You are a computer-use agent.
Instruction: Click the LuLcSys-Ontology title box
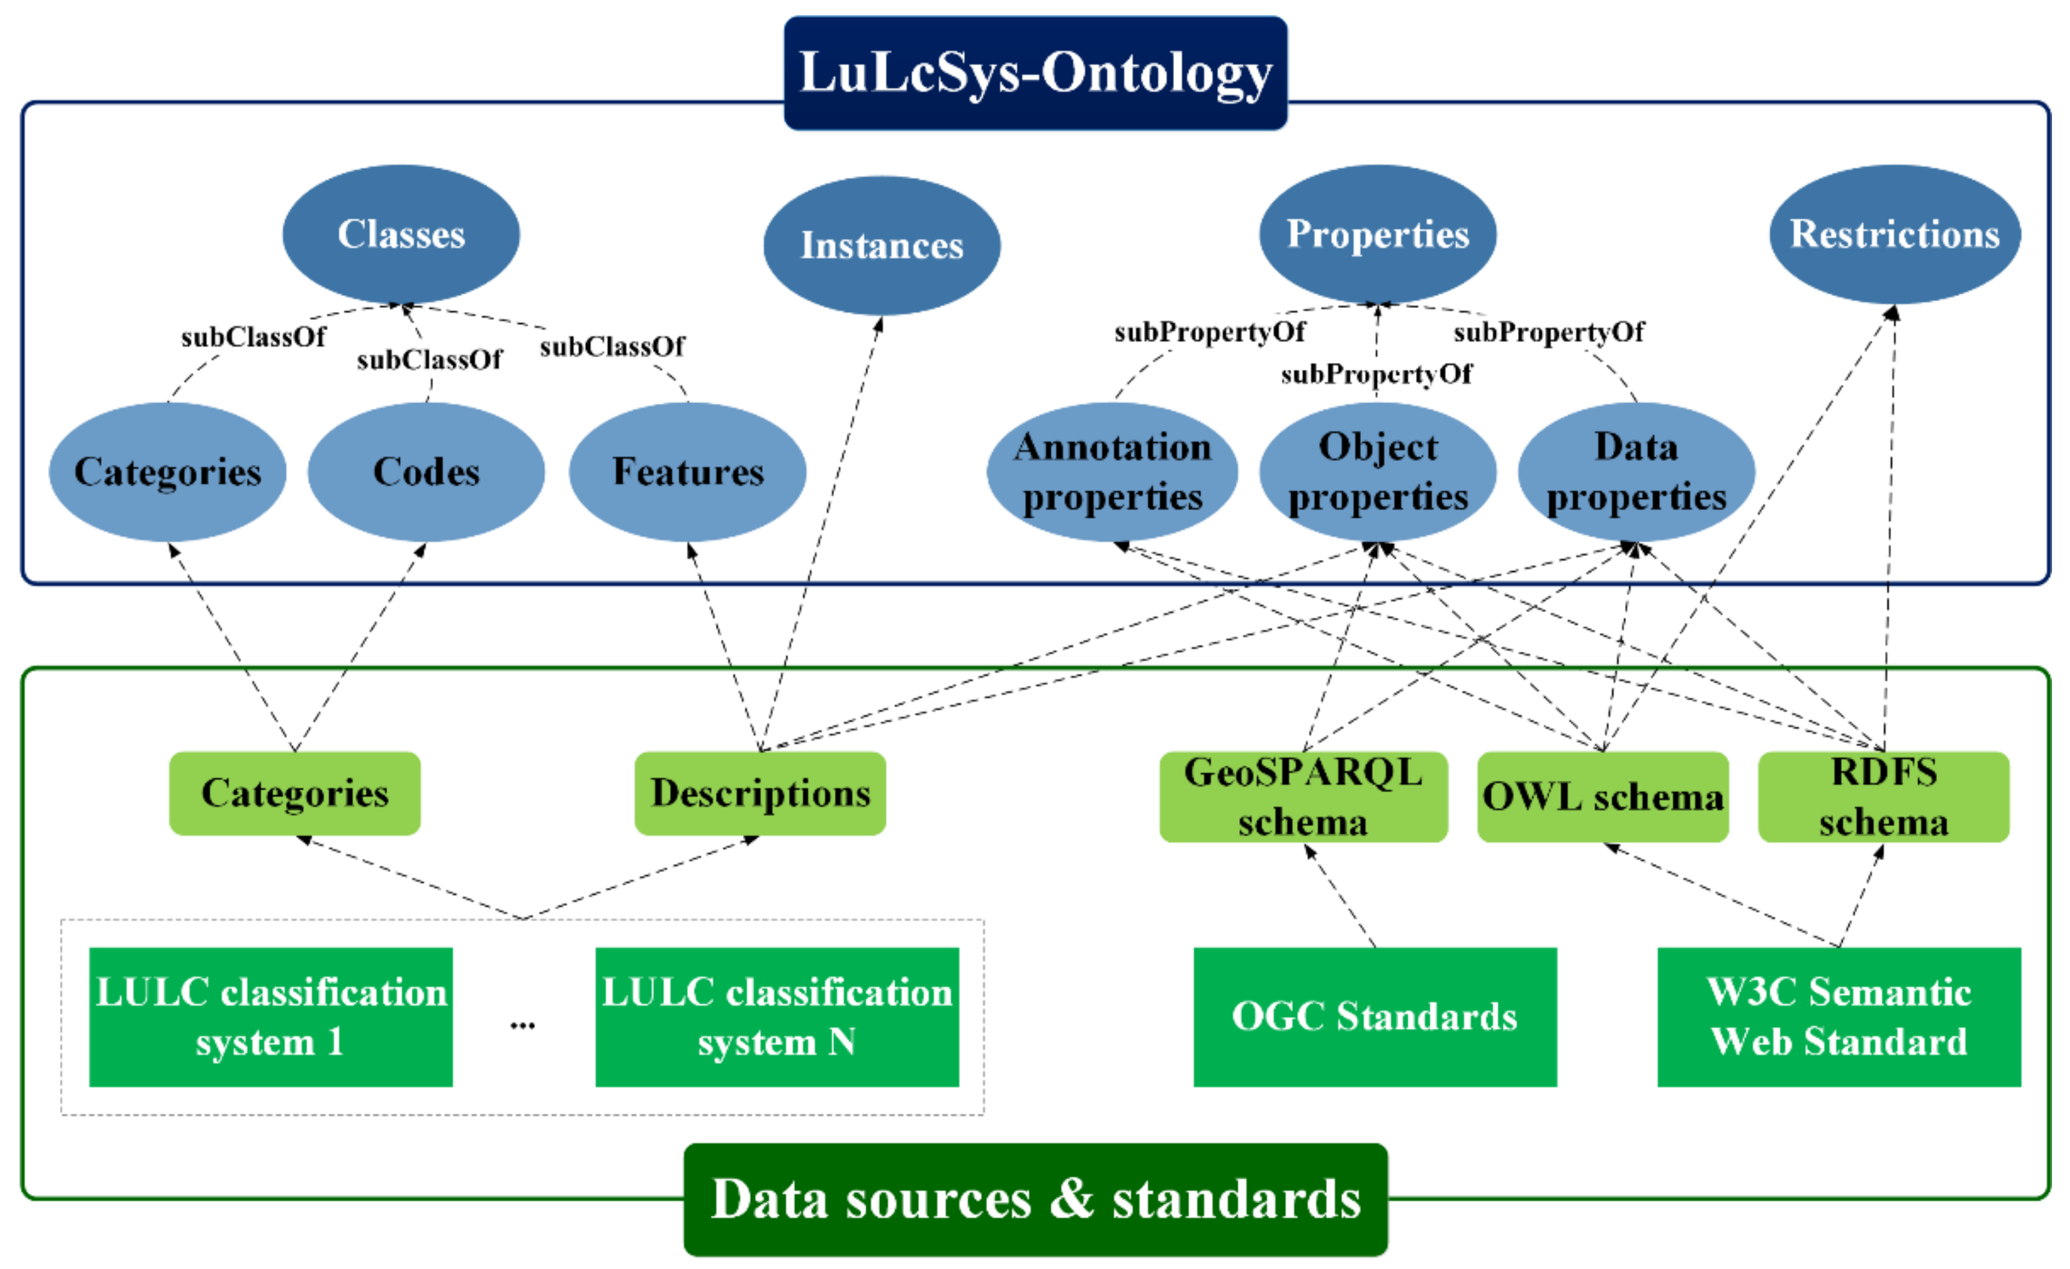pos(1035,73)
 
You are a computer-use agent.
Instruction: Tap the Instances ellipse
pos(881,245)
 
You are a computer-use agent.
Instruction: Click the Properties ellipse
pos(1377,234)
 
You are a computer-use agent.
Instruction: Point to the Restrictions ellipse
pos(1894,234)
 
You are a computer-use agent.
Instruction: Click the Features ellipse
pos(687,472)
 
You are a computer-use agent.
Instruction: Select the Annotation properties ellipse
pos(1111,472)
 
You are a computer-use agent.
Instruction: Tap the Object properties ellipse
pos(1377,472)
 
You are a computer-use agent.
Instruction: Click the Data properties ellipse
pos(1636,472)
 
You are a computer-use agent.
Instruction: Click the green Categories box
pos(295,793)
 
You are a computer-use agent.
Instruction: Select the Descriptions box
pos(760,793)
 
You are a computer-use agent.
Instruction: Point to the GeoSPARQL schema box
pos(1302,796)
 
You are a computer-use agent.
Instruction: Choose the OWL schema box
pos(1602,796)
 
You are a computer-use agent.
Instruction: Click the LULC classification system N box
pos(776,1016)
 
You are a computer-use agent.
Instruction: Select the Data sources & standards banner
pos(1035,1198)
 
